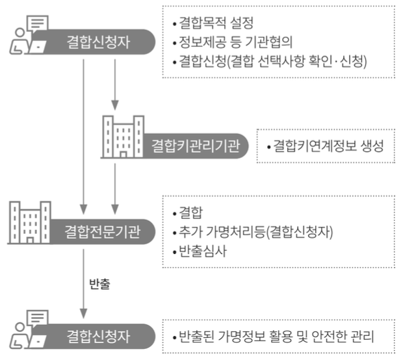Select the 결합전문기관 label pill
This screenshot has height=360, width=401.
103,231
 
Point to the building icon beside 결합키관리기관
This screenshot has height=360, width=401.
122,137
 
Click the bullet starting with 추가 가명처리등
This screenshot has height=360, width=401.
253,232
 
